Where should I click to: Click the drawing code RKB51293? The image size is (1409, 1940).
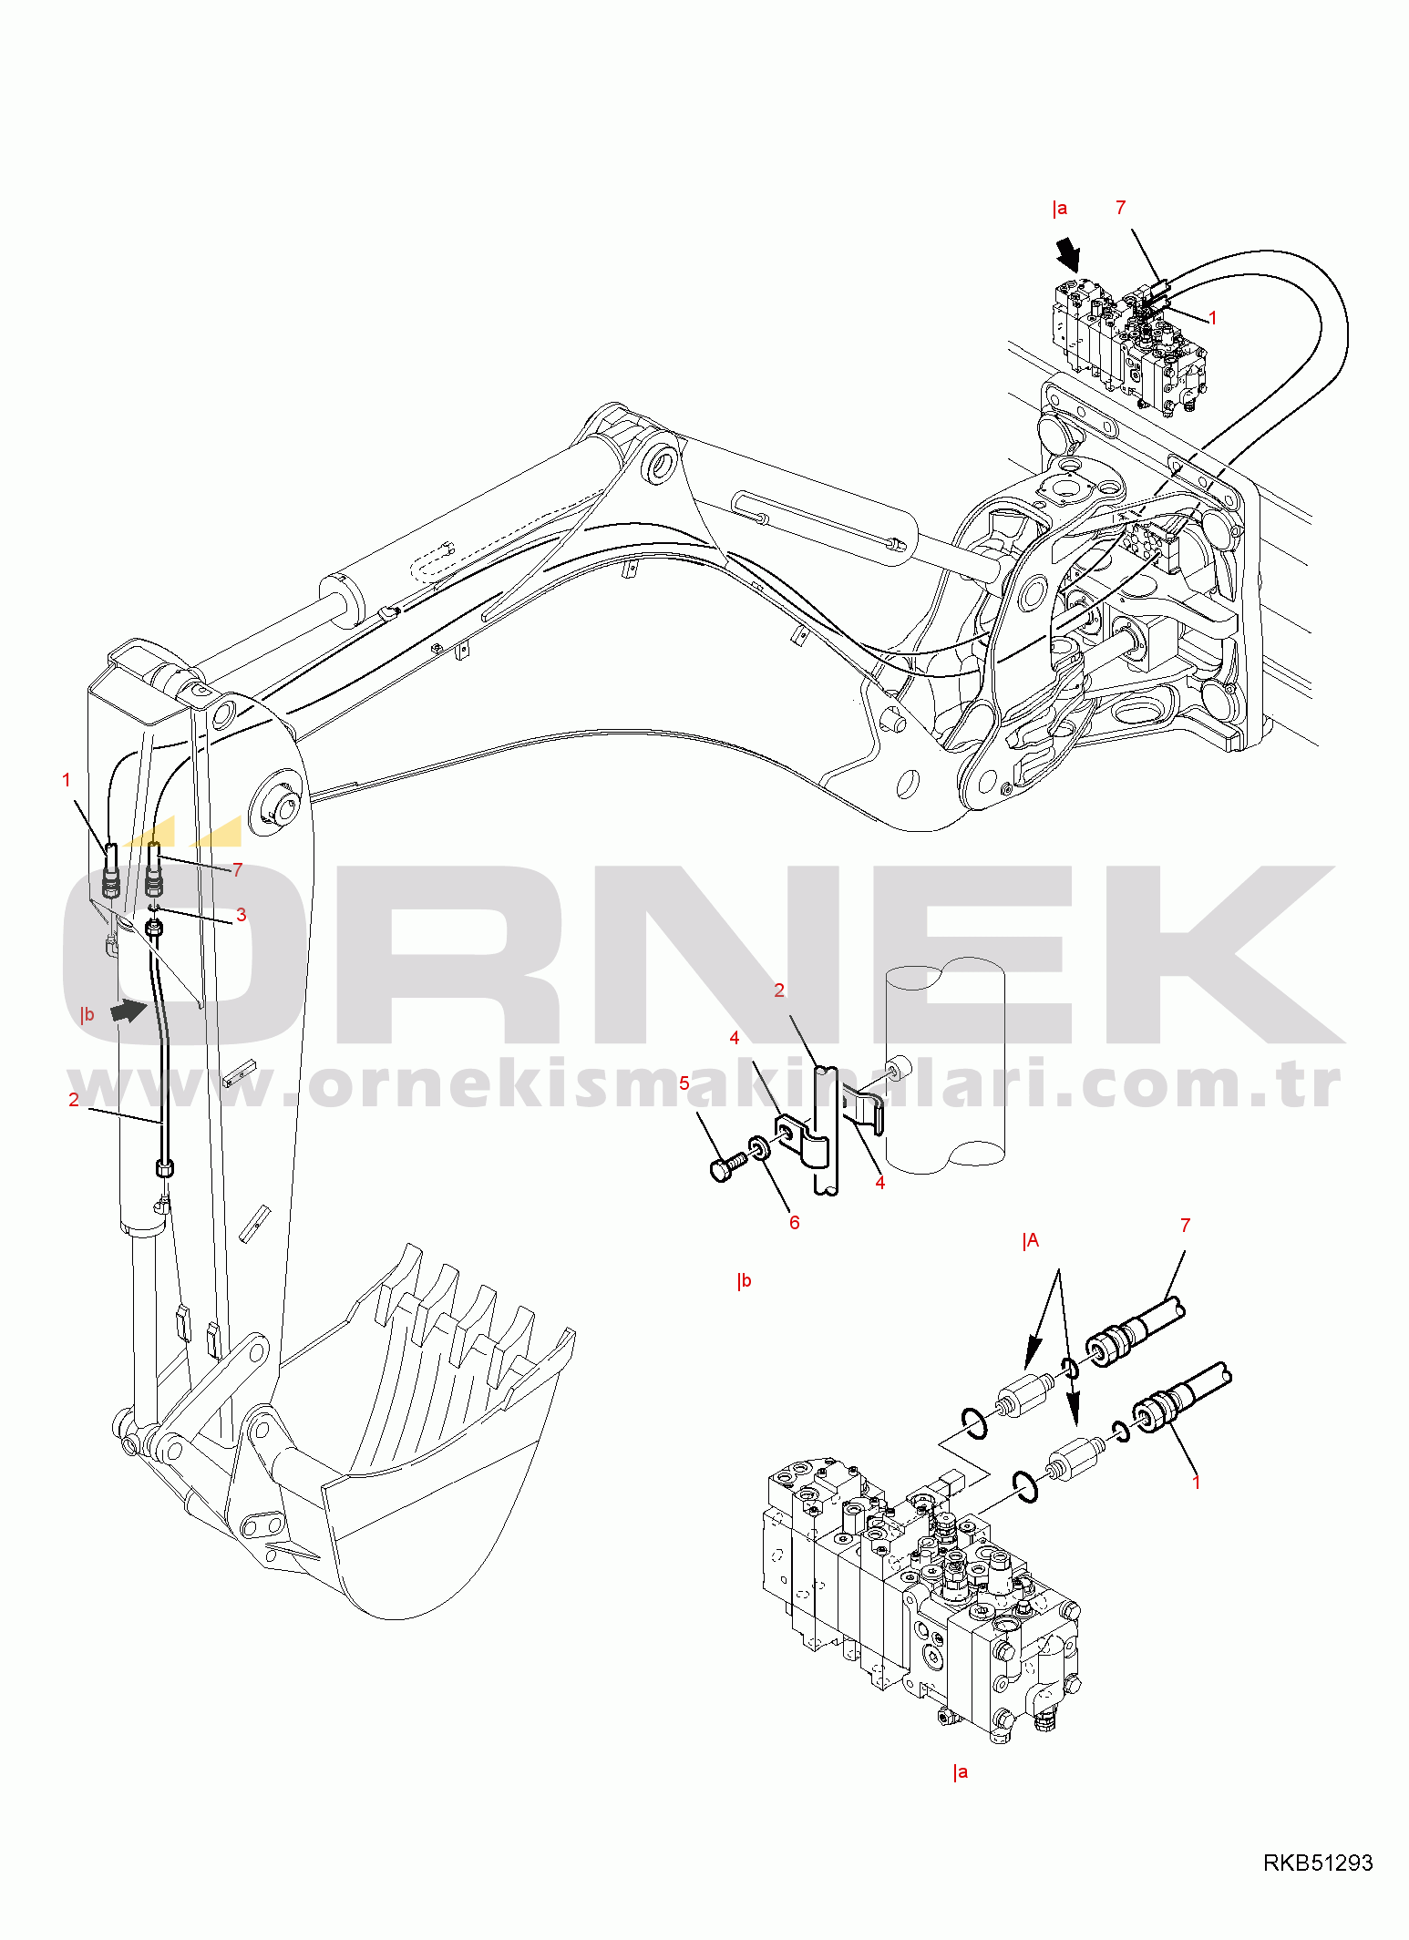coord(1317,1863)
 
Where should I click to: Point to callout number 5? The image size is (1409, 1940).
coord(684,1083)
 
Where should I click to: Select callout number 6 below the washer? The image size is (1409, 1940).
coord(794,1223)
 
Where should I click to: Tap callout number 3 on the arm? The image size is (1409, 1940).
coord(241,914)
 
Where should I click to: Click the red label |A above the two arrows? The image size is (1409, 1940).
coord(1031,1240)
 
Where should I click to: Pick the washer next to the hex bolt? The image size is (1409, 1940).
coord(759,1148)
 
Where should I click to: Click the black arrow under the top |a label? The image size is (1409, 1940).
coord(1067,254)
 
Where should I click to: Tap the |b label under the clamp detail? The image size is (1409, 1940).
coord(745,1280)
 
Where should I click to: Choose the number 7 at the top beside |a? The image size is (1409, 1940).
coord(1121,208)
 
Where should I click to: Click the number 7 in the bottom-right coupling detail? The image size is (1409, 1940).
coord(1185,1226)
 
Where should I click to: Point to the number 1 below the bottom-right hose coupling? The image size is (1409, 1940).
coord(1196,1483)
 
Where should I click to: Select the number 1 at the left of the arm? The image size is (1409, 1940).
coord(66,780)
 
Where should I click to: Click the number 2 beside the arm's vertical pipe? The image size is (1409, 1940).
coord(74,1100)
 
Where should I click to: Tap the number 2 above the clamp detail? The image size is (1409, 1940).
coord(779,991)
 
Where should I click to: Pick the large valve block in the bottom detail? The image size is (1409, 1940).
coord(920,1595)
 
